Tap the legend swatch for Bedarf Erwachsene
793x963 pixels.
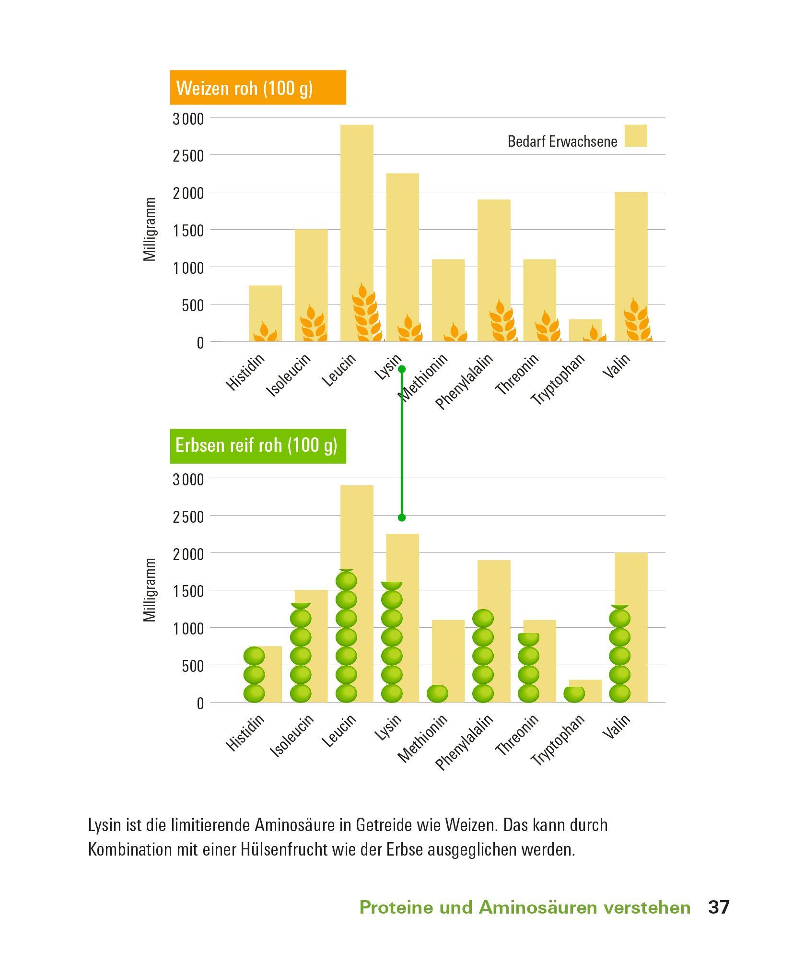pos(635,136)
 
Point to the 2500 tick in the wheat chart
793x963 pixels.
pos(188,156)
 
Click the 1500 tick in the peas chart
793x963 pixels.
pos(188,591)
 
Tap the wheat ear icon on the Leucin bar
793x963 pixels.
pos(366,314)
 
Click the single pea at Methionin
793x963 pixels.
pos(437,693)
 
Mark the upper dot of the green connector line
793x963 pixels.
pos(402,369)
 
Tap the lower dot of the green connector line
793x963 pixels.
pos(402,517)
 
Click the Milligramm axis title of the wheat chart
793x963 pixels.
pos(150,229)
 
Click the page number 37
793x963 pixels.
pos(718,907)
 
